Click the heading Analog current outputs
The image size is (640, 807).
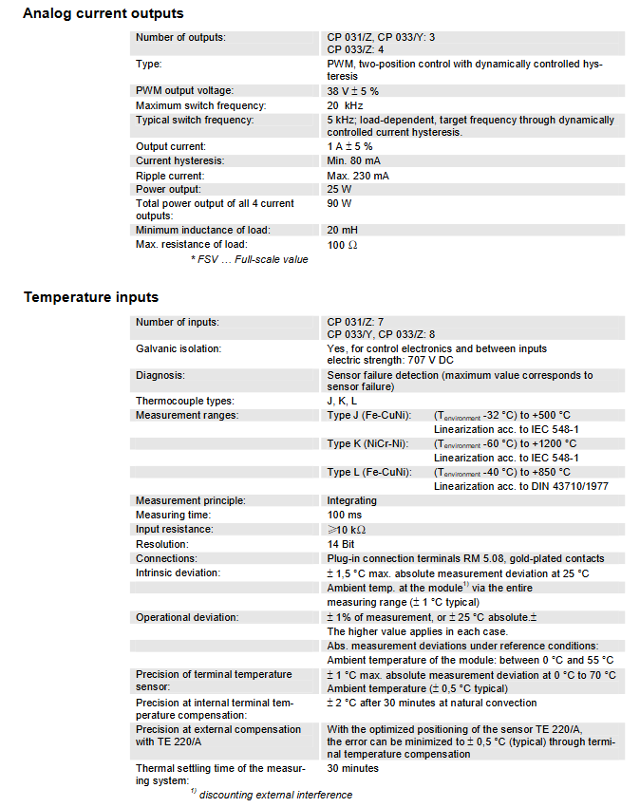point(104,13)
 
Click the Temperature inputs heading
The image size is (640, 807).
point(90,297)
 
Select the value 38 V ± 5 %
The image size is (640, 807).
point(353,91)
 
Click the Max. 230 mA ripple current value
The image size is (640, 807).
point(358,176)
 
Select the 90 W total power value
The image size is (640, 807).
point(340,203)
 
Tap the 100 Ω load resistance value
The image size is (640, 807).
point(341,245)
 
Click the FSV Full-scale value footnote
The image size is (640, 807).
point(249,259)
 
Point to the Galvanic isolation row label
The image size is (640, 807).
point(178,348)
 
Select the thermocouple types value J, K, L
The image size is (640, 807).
point(341,401)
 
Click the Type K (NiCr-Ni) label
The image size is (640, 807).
point(368,443)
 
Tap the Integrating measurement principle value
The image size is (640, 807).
point(351,500)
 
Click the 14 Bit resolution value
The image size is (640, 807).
point(342,544)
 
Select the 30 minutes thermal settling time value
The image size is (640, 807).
point(352,768)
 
